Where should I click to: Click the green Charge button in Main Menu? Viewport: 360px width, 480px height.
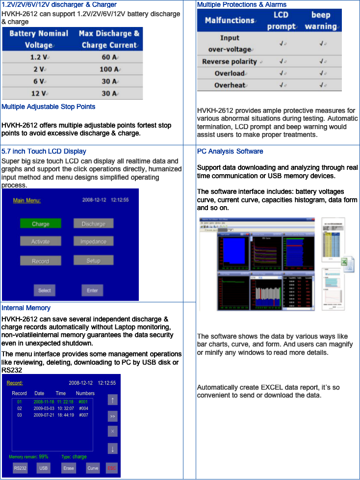tap(41, 223)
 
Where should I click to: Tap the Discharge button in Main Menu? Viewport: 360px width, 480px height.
tap(93, 223)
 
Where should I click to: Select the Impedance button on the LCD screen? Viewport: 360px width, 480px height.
tap(93, 241)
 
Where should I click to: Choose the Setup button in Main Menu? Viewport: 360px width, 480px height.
tap(93, 261)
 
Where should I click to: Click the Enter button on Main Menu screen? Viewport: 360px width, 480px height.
tap(92, 290)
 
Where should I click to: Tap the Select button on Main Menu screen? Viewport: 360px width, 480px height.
tap(44, 290)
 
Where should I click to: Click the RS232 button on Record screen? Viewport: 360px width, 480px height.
tap(20, 468)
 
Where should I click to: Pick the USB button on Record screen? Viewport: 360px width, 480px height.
tap(44, 468)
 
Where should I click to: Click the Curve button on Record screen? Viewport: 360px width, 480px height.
tap(93, 468)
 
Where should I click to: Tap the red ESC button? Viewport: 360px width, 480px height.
tap(112, 468)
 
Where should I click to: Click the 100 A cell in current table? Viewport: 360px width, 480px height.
tap(108, 69)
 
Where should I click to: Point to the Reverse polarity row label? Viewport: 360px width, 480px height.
tap(230, 61)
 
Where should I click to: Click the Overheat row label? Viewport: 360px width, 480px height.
tap(230, 85)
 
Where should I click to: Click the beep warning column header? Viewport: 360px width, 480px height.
tap(320, 20)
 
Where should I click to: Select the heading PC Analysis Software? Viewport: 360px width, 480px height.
tap(230, 151)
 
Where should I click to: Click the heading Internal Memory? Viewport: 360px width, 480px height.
tap(26, 308)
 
